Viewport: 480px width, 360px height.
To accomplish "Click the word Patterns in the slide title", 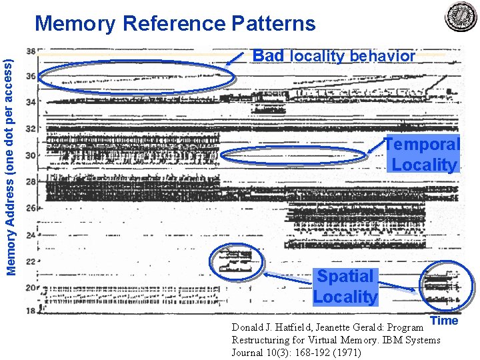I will pyautogui.click(x=273, y=24).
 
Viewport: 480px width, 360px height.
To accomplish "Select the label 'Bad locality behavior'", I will pyautogui.click(x=333, y=56).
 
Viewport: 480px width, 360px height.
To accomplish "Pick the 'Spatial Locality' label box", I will pyautogui.click(x=345, y=287).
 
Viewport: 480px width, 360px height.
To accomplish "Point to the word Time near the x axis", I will pyautogui.click(x=444, y=321).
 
